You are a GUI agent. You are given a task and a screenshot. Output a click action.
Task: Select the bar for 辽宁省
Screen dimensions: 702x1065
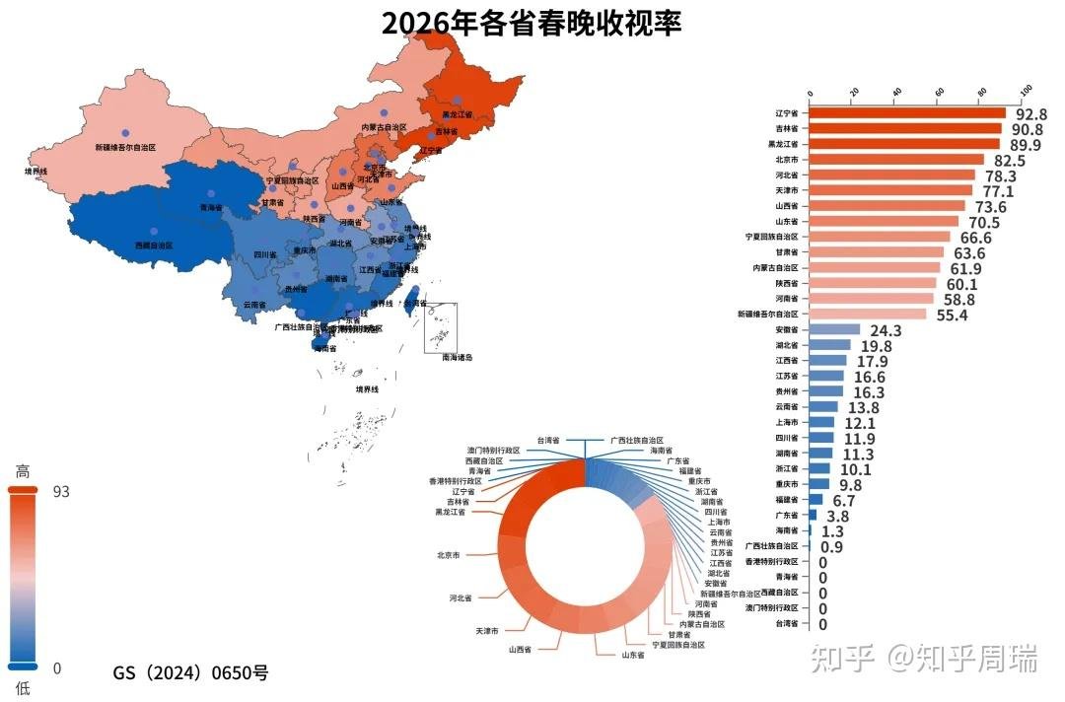tap(907, 113)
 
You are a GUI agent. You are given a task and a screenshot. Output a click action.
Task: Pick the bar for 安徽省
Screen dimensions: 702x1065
tap(834, 329)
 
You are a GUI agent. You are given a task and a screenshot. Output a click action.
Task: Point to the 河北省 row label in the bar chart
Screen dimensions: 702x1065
tap(786, 175)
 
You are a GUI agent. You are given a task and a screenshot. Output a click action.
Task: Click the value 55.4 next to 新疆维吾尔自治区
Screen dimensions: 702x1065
tap(952, 315)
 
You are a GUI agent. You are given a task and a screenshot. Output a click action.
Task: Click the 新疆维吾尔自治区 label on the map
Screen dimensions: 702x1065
tap(125, 147)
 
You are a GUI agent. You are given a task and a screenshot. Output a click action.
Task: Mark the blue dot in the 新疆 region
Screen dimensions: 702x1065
tap(125, 132)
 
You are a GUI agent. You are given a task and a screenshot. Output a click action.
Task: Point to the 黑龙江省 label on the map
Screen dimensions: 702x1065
tap(457, 115)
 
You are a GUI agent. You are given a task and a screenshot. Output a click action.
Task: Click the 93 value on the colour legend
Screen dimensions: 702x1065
tap(61, 492)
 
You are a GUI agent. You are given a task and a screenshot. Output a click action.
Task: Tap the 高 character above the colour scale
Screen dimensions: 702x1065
tap(23, 472)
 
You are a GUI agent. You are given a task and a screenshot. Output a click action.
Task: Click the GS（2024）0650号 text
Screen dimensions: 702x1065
tap(190, 673)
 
